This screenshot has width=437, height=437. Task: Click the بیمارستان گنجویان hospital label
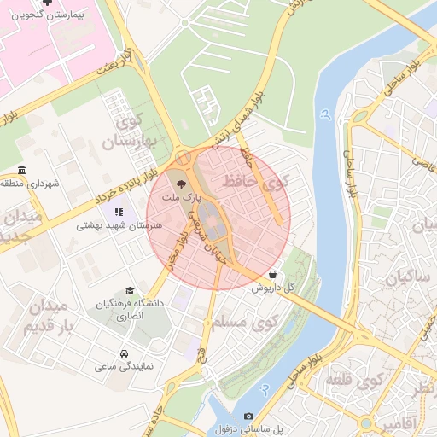point(49,17)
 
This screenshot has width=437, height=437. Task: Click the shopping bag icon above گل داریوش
point(271,275)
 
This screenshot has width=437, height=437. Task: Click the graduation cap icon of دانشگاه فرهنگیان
point(130,291)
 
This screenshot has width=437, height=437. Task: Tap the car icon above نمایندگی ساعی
point(125,353)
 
